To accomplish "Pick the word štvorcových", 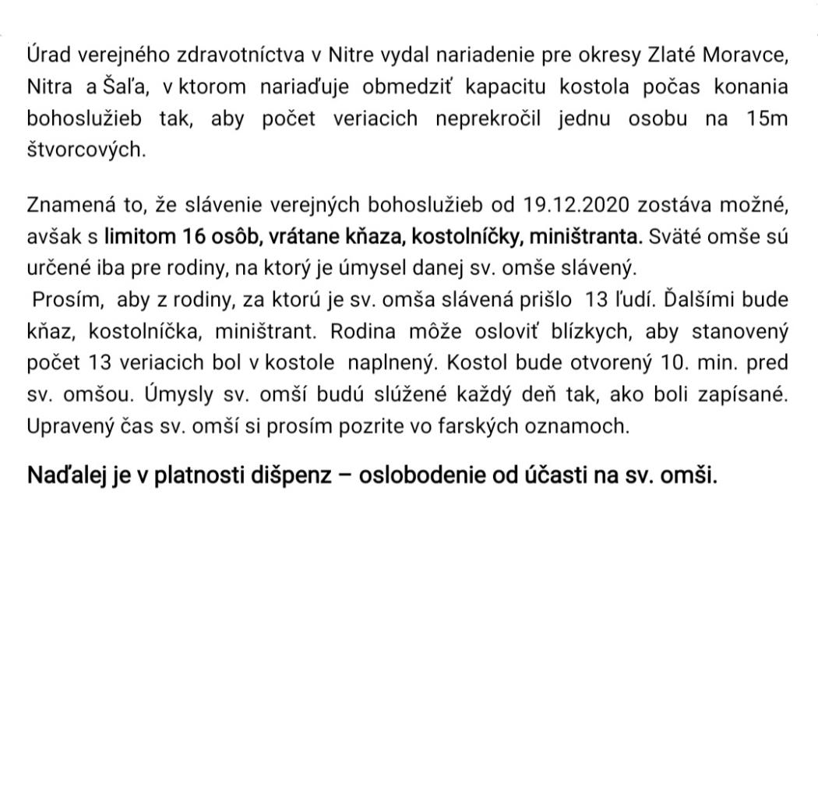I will [x=86, y=150].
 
